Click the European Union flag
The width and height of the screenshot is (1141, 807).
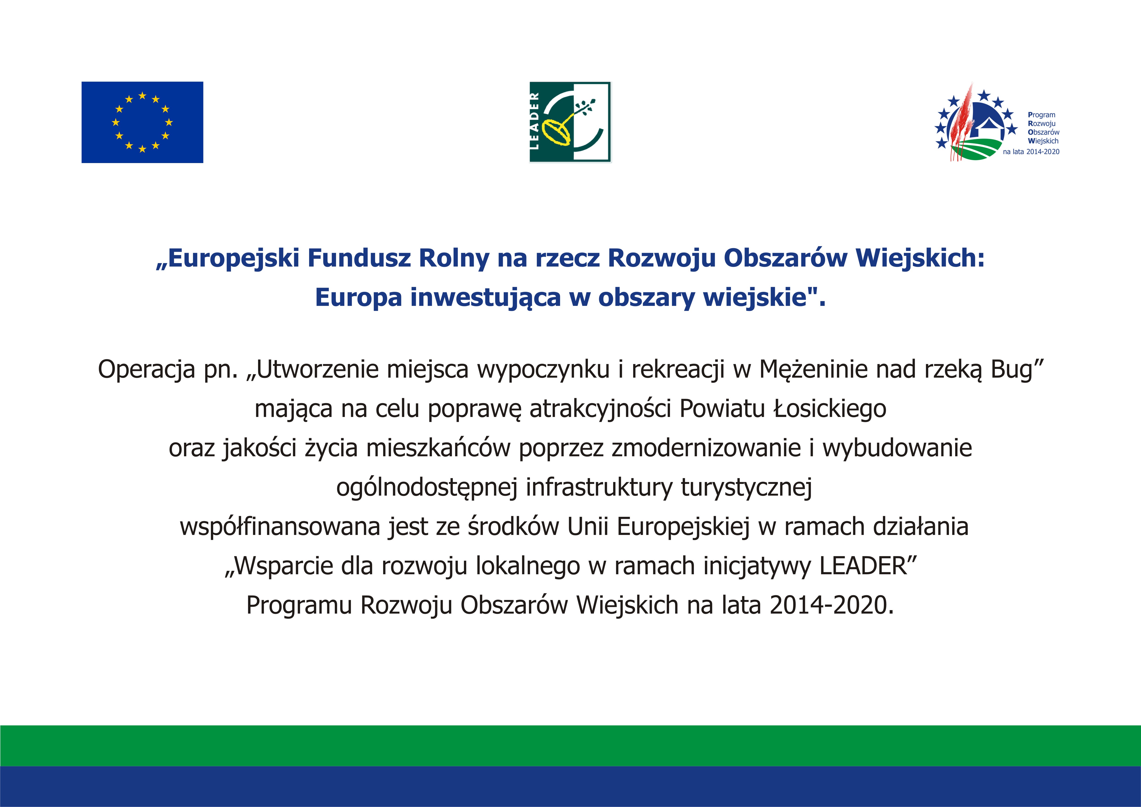[142, 122]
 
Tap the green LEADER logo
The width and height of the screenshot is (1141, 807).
[570, 122]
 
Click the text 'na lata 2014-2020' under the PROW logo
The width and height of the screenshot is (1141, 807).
[1031, 152]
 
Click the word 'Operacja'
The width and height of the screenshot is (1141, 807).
[147, 370]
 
